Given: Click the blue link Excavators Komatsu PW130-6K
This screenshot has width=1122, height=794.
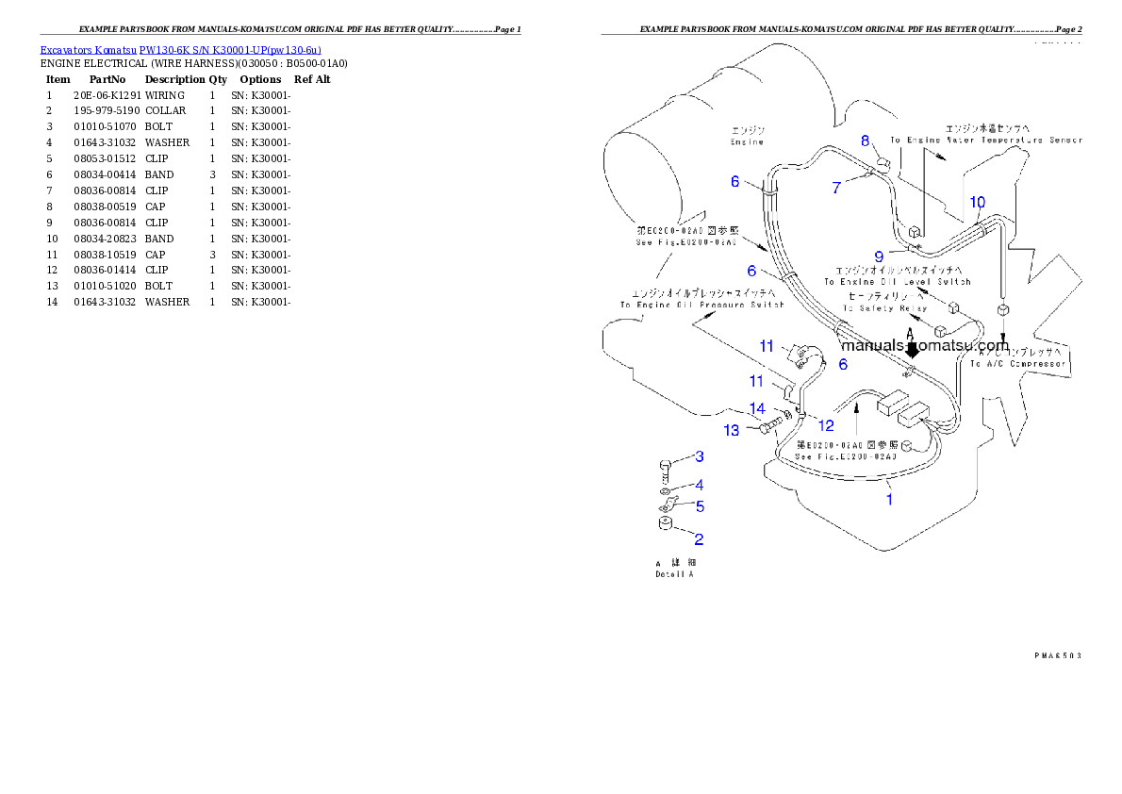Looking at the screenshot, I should coord(180,50).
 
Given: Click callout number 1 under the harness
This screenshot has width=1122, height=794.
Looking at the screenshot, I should coord(889,500).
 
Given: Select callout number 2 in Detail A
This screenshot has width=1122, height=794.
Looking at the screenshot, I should coord(699,539).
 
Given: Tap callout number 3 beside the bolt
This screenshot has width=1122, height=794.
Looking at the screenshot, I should coord(699,485).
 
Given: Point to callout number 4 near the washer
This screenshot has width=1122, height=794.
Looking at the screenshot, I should coord(699,505).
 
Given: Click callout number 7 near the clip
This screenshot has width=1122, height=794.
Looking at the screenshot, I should coord(836,188).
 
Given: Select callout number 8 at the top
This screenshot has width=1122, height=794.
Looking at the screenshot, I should coord(865,141).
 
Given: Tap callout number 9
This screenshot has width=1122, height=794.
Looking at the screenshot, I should coord(879,255).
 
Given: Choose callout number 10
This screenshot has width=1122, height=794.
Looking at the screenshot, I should coord(978,202).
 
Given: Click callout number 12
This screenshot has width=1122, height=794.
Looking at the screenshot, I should coord(826,425).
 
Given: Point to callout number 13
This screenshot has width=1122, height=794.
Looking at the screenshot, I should coord(732,431).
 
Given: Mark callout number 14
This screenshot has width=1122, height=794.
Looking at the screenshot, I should coord(758,409).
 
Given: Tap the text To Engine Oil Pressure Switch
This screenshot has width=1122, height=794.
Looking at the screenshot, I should coord(701,305).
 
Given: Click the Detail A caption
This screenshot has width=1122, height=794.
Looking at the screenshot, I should coord(674,573).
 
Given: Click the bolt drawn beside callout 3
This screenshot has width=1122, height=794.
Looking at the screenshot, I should coord(664,469).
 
